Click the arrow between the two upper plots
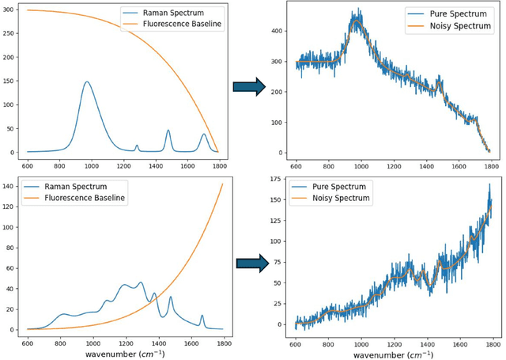tap(247, 87)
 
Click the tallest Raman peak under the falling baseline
tap(87, 82)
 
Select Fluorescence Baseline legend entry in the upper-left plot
tap(184, 24)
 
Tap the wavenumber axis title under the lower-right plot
tap(392, 354)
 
